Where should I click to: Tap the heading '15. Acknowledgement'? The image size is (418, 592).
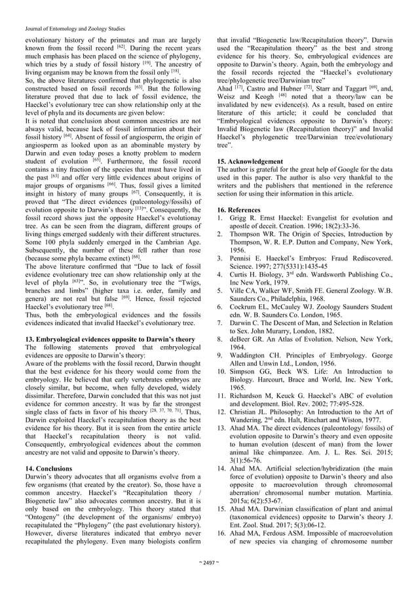coord(255,161)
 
